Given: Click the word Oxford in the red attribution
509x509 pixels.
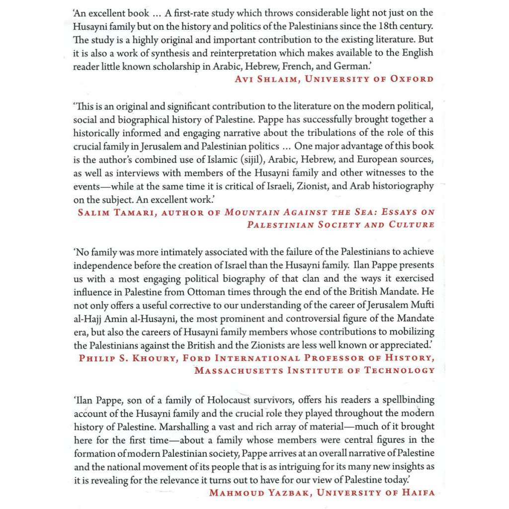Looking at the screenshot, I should pos(412,79).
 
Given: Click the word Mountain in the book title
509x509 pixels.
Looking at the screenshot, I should pos(252,212).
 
